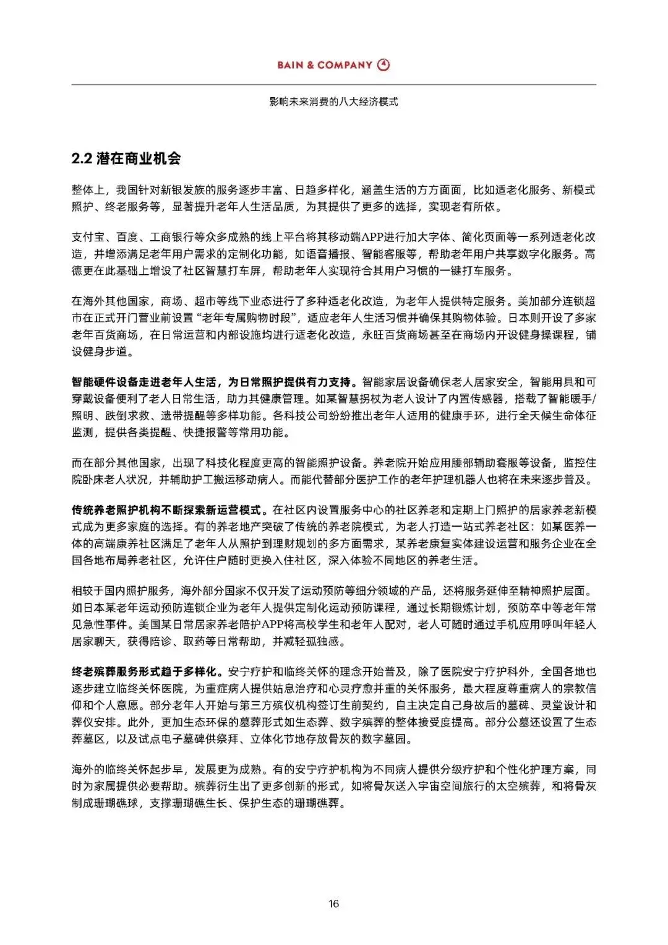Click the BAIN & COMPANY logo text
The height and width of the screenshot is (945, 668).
coord(324,65)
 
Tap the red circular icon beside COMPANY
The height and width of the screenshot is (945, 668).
coord(384,65)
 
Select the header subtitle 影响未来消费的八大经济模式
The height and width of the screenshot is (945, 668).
coord(333,101)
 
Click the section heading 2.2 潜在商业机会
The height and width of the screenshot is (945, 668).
coord(126,158)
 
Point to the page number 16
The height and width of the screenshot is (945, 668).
coord(333,904)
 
